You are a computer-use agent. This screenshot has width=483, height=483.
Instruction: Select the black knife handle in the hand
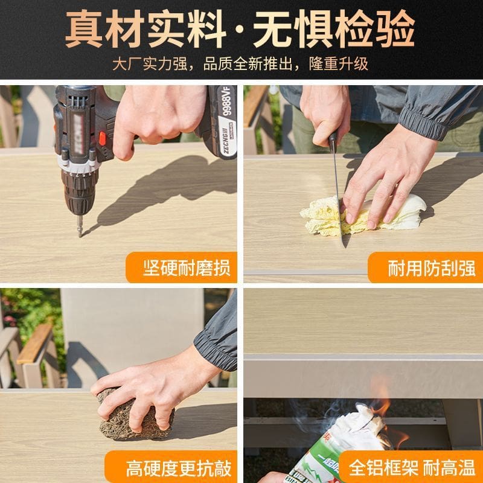pos(332,142)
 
